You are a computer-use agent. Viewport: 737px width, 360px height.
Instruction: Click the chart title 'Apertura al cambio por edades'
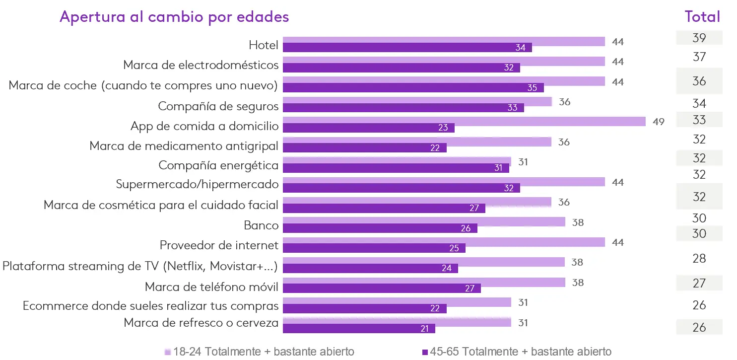[174, 17]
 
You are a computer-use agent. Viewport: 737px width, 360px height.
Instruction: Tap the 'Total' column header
[702, 17]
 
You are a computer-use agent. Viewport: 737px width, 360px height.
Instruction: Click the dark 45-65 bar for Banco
[380, 228]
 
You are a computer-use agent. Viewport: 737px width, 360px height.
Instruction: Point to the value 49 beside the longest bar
[659, 122]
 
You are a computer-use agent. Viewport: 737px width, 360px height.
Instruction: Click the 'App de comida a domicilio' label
[204, 126]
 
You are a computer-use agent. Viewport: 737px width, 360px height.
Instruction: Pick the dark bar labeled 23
[368, 128]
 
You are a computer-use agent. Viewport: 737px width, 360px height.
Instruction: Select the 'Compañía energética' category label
[218, 165]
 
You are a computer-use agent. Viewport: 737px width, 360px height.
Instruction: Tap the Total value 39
[699, 38]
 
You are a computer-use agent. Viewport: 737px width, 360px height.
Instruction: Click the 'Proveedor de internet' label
[219, 245]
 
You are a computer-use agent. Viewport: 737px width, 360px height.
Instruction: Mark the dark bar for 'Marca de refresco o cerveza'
[359, 329]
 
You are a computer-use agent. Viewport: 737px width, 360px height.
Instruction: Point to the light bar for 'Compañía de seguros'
[417, 101]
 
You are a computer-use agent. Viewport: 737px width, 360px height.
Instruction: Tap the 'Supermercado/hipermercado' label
[197, 185]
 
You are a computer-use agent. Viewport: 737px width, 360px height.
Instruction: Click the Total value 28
[699, 259]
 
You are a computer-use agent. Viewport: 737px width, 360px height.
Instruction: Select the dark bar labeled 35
[413, 88]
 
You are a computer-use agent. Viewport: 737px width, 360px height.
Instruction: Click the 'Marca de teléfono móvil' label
[211, 287]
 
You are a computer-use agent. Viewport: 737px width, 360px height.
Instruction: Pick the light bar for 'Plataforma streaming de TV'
[423, 262]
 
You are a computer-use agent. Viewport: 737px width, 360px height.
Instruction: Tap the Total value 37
[699, 57]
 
